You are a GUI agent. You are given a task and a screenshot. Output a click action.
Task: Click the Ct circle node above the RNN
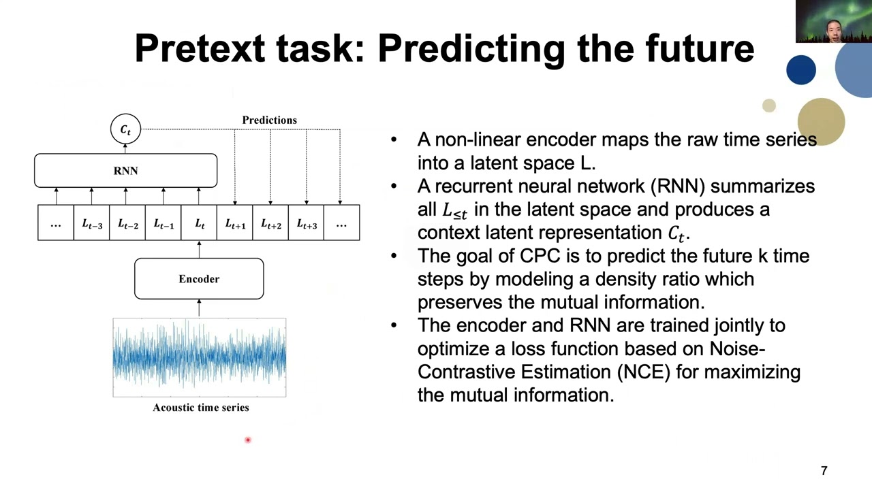[125, 129]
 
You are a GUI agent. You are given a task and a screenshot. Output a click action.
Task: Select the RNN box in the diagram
[125, 170]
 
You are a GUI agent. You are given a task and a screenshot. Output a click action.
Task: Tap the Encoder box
[199, 279]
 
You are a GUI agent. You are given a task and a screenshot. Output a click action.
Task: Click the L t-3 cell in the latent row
[92, 223]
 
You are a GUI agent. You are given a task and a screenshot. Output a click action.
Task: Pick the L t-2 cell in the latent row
[127, 223]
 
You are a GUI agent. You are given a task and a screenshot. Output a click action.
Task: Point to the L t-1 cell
[163, 223]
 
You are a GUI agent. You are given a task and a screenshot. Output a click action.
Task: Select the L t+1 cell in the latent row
[235, 223]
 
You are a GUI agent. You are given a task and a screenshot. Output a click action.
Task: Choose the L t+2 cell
[270, 223]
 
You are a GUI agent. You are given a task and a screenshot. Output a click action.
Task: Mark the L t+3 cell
[307, 223]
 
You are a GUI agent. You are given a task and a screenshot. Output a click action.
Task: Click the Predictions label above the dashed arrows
[269, 120]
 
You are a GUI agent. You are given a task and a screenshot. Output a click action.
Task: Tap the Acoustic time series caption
[200, 408]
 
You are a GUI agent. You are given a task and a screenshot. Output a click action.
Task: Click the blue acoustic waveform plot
[199, 357]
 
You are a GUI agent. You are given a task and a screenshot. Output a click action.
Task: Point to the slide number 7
[824, 471]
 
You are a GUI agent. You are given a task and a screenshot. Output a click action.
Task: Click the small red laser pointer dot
[248, 440]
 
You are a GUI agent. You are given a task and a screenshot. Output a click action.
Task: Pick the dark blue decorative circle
[800, 71]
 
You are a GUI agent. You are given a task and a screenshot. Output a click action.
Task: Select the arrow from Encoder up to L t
[199, 249]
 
